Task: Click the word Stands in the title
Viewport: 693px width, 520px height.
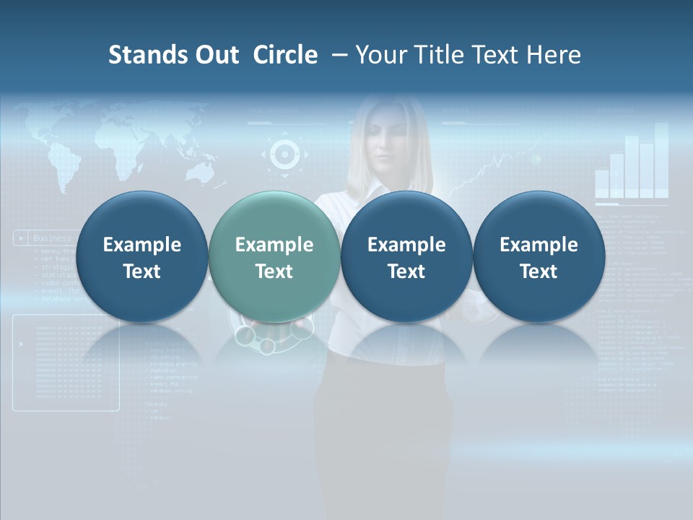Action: (142, 55)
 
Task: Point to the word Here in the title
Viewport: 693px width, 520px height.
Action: (554, 55)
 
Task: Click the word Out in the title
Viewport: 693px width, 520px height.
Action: (214, 55)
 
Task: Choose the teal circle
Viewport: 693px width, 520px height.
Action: (274, 256)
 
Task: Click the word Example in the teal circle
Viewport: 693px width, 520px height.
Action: (274, 245)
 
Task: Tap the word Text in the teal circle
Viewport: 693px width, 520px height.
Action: (274, 272)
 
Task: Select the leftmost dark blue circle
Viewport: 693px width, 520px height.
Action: (141, 256)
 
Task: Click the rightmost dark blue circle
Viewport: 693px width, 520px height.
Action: (539, 256)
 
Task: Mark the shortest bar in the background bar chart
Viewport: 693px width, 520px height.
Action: (602, 183)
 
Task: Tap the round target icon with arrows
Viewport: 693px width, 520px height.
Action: (284, 154)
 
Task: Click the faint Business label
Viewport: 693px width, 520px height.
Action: (52, 238)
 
